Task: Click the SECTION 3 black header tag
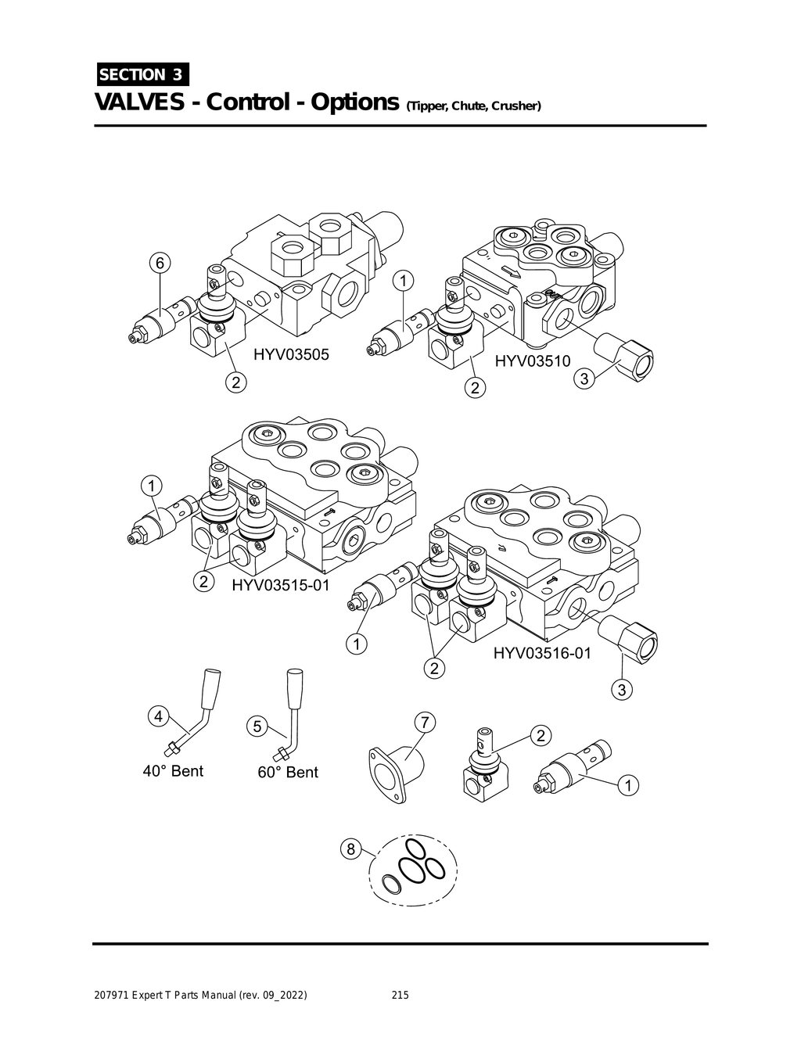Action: (x=142, y=74)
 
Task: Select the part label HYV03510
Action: (x=533, y=361)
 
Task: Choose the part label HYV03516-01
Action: (x=542, y=653)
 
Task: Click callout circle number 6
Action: (x=159, y=264)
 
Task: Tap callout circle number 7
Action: (x=423, y=722)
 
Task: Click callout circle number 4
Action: (x=158, y=716)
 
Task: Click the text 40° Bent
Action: (x=173, y=771)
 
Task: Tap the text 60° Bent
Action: (x=288, y=773)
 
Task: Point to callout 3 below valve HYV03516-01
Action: (x=623, y=690)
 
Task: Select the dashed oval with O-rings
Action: (x=413, y=870)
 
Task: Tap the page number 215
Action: (x=400, y=996)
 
